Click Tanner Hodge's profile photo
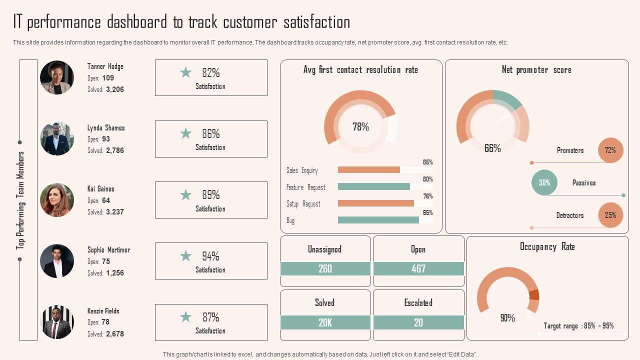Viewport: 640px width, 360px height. coord(57,77)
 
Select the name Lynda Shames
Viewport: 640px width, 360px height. coord(106,128)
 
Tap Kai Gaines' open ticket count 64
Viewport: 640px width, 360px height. coord(106,200)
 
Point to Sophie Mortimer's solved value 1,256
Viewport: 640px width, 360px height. coord(115,273)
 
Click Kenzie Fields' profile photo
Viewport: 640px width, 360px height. coord(57,322)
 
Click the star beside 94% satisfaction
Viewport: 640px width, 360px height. coord(186,256)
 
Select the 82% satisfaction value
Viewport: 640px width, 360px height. coord(210,73)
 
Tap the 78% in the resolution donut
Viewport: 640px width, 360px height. coord(360,127)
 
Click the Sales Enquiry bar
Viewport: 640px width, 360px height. coord(369,170)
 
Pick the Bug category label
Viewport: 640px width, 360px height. coord(290,220)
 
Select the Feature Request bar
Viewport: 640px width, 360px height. coord(374,186)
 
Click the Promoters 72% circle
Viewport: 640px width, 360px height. coord(610,150)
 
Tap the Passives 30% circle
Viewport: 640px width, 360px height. coord(544,183)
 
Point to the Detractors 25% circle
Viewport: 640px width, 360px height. coord(610,215)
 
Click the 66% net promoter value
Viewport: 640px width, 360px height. coord(492,148)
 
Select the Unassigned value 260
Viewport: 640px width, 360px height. coord(325,269)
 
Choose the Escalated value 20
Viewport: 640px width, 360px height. coord(418,323)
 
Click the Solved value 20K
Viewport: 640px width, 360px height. coord(325,323)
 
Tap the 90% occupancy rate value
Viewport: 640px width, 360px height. coord(507,318)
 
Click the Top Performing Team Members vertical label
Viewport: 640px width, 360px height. coord(20,200)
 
